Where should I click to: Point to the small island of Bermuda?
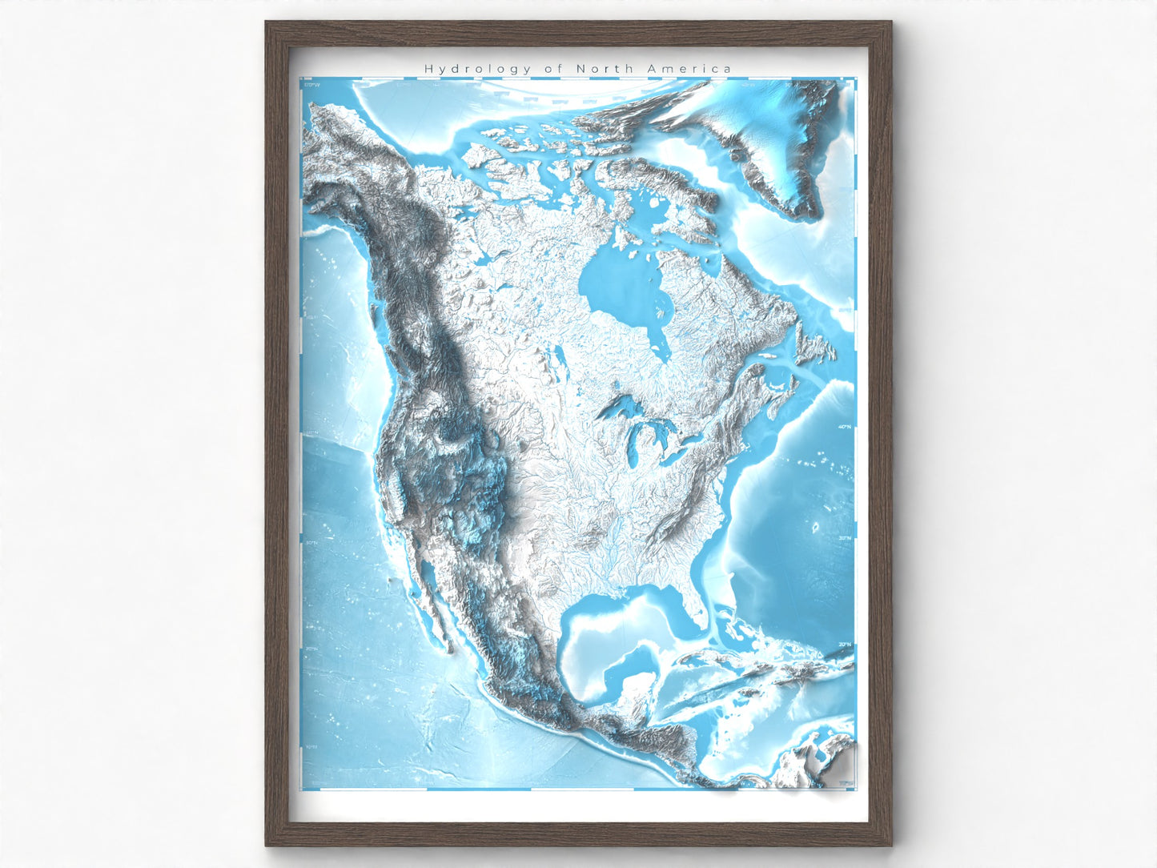point(815,528)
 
